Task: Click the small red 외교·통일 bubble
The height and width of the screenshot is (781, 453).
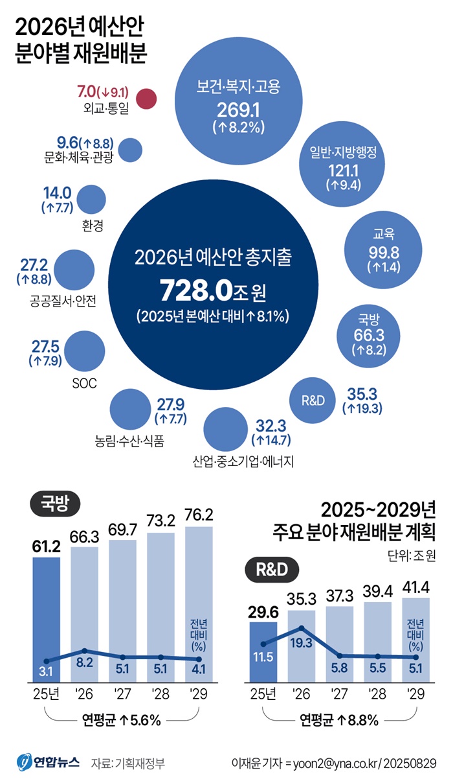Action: click(148, 99)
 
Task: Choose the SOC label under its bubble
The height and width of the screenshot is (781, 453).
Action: click(84, 383)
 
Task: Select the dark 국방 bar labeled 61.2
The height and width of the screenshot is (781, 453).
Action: click(47, 609)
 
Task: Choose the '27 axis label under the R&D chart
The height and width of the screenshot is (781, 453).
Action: click(340, 695)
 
